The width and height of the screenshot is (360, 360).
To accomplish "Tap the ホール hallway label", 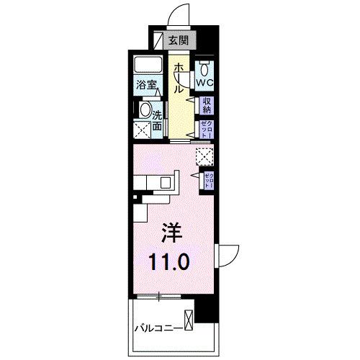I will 177,77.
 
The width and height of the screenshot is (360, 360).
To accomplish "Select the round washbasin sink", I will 144,112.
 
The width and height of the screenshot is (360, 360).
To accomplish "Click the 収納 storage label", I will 206,107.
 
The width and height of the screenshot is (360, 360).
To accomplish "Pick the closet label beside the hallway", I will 206,130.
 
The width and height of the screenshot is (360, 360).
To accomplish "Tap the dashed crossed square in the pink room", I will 204,154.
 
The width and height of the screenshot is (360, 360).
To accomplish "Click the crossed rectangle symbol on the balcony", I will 189,318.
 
